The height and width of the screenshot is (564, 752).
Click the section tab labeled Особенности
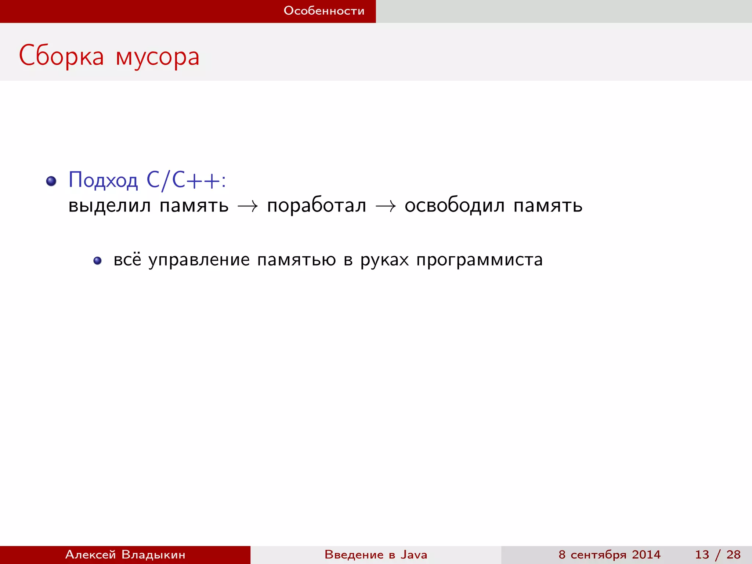[324, 11]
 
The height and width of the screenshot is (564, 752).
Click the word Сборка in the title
[61, 56]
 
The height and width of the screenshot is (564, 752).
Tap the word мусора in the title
[158, 57]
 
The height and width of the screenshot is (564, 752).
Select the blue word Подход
[103, 180]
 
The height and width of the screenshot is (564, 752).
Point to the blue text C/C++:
[186, 180]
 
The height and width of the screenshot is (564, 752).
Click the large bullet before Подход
[51, 181]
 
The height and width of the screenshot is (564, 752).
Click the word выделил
[109, 206]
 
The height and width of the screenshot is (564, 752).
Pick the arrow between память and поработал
[248, 206]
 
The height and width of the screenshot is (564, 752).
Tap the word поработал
[317, 206]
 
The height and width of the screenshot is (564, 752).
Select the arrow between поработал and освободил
[386, 206]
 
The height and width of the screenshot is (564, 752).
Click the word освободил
[455, 206]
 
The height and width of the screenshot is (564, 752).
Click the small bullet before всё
[97, 261]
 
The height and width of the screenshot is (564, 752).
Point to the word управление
[199, 260]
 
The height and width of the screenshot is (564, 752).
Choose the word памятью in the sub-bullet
[296, 260]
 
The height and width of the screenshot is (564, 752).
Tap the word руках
[384, 260]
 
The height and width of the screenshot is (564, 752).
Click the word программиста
[480, 260]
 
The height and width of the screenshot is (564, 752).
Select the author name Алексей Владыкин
[125, 554]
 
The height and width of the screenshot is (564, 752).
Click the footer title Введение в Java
[376, 554]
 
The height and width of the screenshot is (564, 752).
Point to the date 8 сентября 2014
[610, 554]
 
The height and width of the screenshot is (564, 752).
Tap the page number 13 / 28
[717, 554]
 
